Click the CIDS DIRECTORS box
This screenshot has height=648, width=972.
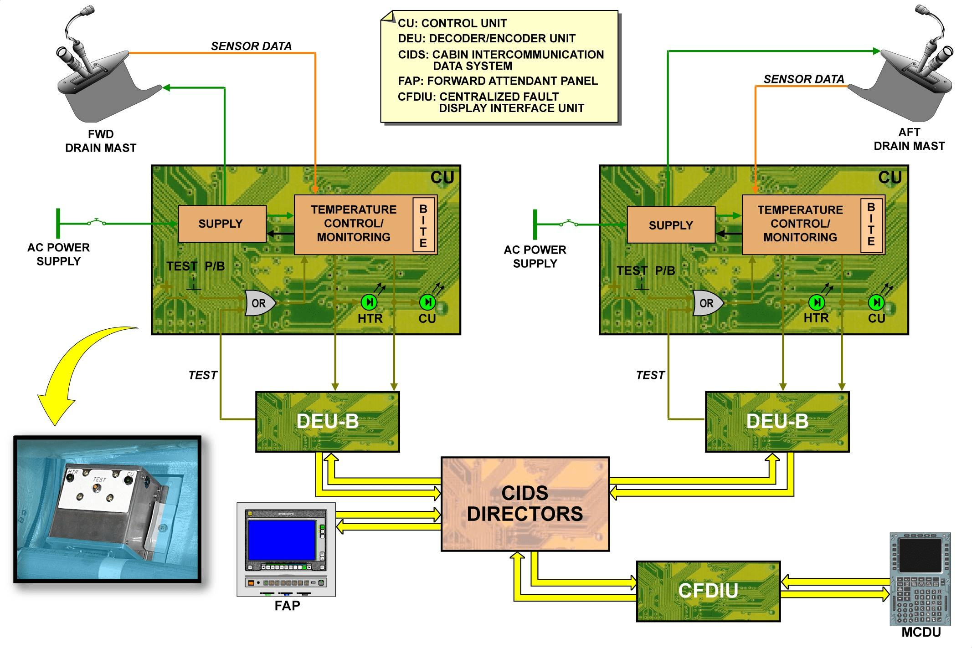pos(525,504)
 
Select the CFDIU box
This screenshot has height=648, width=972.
pos(708,591)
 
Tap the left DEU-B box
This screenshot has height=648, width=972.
pos(328,422)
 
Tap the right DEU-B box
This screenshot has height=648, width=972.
pos(777,422)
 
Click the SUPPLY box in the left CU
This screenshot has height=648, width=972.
pos(222,224)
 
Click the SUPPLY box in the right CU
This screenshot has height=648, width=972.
pos(671,225)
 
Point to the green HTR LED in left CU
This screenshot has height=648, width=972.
pos(369,302)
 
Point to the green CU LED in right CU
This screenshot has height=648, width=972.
pos(876,302)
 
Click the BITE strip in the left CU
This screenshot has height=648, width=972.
pos(423,225)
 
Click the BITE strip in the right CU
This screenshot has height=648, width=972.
pos(871,225)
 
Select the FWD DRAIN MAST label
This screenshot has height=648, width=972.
pos(101,141)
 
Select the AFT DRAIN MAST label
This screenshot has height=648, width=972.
pos(909,139)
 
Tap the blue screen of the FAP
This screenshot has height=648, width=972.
pos(282,540)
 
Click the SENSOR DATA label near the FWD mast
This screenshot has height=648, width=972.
pos(251,46)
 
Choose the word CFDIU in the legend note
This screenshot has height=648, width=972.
pos(416,97)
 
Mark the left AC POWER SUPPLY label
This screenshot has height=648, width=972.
pos(59,254)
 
